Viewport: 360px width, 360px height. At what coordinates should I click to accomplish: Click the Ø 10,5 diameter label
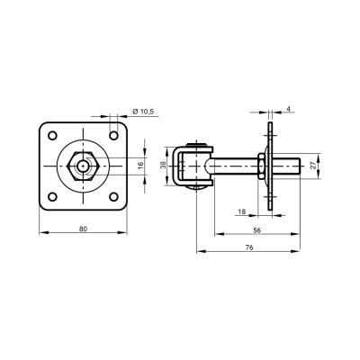click(x=143, y=112)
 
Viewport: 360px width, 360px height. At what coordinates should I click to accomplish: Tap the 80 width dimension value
click(x=83, y=229)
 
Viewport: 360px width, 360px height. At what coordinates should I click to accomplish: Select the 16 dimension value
click(x=141, y=166)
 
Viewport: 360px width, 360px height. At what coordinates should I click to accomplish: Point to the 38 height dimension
click(x=163, y=165)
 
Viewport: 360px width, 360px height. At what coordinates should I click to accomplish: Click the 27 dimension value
click(x=313, y=166)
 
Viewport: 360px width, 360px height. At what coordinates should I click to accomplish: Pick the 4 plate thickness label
click(x=288, y=109)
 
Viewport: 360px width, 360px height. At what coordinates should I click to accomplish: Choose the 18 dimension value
click(x=241, y=211)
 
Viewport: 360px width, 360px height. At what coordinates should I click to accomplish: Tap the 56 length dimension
click(x=257, y=230)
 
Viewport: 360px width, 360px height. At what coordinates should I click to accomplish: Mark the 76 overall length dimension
click(x=249, y=247)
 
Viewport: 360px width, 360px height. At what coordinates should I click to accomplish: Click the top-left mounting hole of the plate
click(x=52, y=135)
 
